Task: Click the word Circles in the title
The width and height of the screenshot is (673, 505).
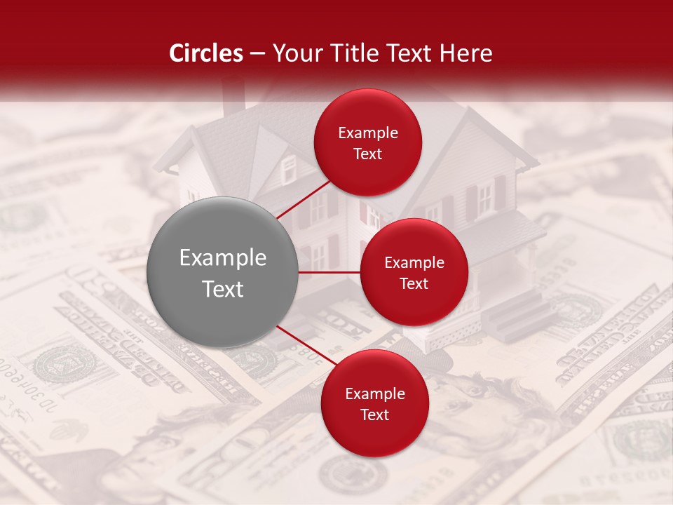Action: coord(206,53)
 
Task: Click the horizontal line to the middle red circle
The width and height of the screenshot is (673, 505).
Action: coord(329,272)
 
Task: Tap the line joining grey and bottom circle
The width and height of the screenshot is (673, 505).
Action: coord(307,345)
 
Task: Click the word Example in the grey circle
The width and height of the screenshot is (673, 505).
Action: coord(223,258)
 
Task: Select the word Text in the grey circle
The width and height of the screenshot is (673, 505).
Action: coord(223,289)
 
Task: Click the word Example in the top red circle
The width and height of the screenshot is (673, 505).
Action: coord(368,133)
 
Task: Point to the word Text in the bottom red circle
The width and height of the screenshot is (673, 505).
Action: coord(374,415)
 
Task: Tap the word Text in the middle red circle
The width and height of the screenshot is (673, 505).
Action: coord(414,283)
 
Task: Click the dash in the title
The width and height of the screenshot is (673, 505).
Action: coord(257,54)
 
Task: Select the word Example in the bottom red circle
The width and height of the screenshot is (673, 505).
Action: coord(374,394)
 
